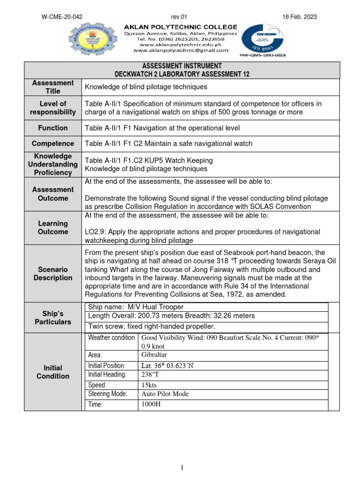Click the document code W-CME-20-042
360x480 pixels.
tap(62, 17)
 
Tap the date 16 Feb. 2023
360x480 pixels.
tap(300, 17)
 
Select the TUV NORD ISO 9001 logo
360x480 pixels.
tap(263, 39)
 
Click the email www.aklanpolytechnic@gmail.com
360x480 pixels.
tap(180, 50)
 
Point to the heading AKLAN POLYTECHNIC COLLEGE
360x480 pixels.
tap(180, 27)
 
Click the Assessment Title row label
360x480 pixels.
tap(53, 87)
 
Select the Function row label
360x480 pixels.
tap(53, 128)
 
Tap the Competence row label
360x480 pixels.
tap(53, 144)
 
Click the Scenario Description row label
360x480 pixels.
tap(53, 274)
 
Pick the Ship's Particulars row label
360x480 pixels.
tap(53, 317)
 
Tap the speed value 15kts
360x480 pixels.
tap(150, 385)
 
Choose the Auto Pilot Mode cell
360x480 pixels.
tap(165, 394)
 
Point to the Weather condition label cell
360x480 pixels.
tap(112, 338)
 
